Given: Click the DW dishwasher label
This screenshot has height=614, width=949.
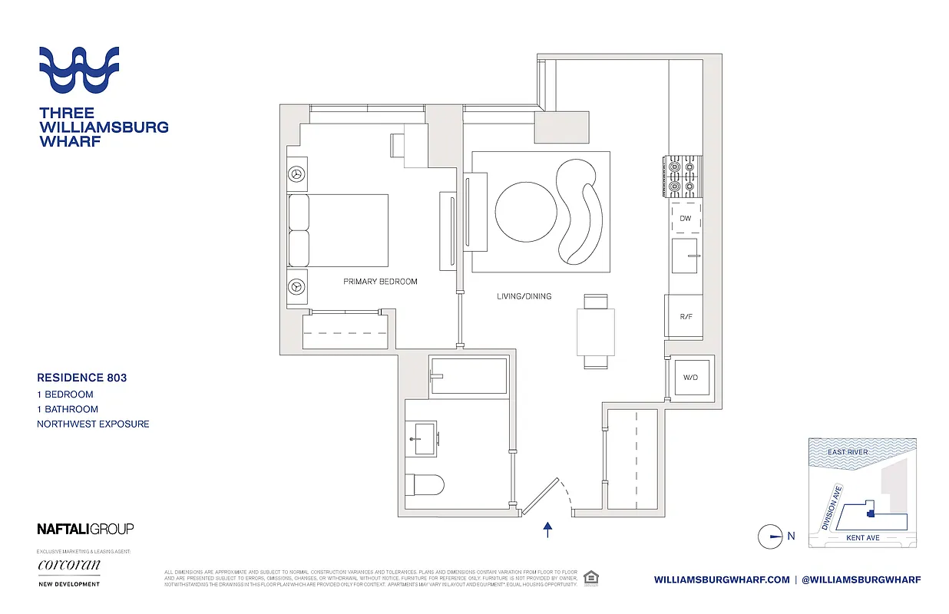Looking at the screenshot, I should (685, 219).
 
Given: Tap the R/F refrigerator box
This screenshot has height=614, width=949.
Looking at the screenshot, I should (685, 316).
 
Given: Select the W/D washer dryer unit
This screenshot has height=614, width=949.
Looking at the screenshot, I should (691, 378).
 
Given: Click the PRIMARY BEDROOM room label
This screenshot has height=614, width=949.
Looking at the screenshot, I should (380, 282).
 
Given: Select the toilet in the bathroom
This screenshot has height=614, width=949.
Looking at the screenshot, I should (424, 485).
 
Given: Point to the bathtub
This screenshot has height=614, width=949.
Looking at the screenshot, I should (468, 376).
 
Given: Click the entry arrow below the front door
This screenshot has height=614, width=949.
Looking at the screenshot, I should (547, 530).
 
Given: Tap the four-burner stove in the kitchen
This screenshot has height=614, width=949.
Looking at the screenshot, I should (683, 175).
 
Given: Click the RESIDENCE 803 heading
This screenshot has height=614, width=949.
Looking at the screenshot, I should (82, 378).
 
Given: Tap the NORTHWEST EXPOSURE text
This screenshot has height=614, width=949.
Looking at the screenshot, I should (93, 424).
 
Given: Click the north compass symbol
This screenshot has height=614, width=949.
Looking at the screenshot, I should (770, 536).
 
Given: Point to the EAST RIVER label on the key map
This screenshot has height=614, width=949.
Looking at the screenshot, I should (848, 452).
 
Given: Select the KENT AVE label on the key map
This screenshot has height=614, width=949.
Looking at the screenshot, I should (862, 538).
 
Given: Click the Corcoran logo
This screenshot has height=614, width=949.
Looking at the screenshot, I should (69, 566).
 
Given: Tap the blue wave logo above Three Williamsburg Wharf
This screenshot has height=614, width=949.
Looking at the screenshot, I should (79, 71).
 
